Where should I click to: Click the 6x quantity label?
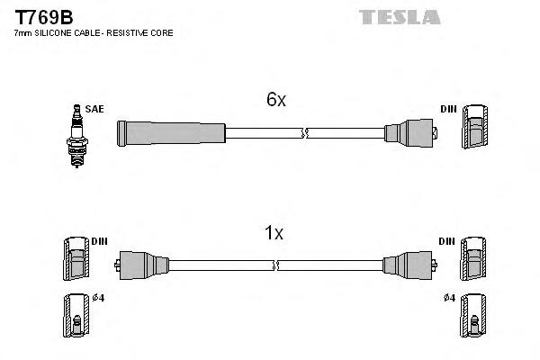pyautogui.click(x=276, y=101)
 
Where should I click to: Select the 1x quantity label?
pyautogui.click(x=274, y=233)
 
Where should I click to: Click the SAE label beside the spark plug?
pyautogui.click(x=96, y=109)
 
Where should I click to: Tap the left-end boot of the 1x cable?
pyautogui.click(x=139, y=265)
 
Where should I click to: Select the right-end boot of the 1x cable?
pyautogui.click(x=409, y=265)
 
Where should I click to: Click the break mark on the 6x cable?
pyautogui.click(x=306, y=133)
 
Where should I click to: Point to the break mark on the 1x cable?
pyautogui.click(x=276, y=265)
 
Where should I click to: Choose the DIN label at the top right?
pyautogui.click(x=448, y=109)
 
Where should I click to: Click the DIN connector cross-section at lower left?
pyautogui.click(x=77, y=261)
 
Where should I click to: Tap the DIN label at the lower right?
pyautogui.click(x=448, y=241)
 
